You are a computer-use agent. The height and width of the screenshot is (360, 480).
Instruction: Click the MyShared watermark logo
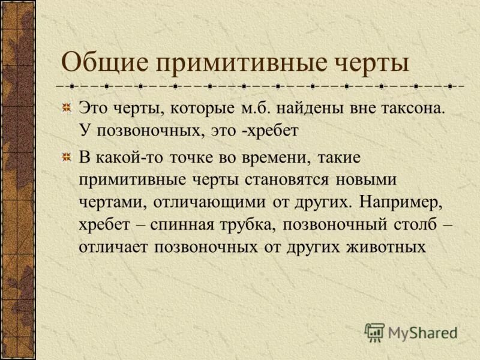411,331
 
